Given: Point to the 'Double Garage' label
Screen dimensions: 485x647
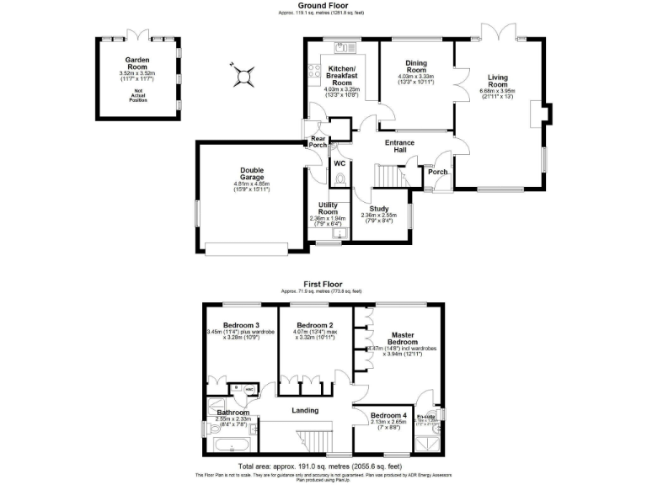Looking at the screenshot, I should click(x=251, y=173).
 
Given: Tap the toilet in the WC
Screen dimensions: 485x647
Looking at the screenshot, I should click(x=340, y=179).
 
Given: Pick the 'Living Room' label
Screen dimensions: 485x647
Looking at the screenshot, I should click(x=495, y=81).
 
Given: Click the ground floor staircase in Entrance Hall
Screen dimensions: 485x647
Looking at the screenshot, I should click(x=388, y=175).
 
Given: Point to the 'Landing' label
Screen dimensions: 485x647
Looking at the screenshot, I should click(x=304, y=410).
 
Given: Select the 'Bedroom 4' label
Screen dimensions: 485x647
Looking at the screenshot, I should click(x=389, y=417).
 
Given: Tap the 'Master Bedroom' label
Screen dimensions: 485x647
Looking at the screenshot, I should click(x=401, y=336).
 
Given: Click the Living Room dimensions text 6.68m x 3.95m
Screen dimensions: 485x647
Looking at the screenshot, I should click(x=496, y=91).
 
